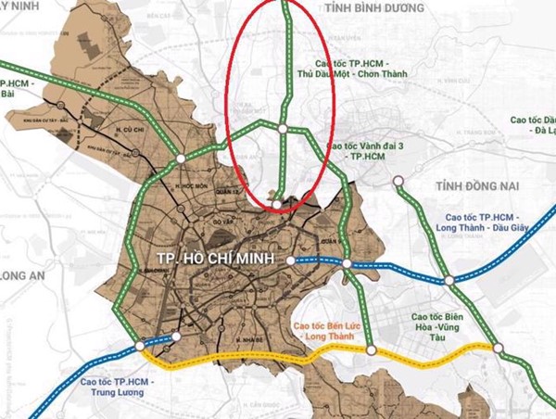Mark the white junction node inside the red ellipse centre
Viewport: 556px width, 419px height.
tap(282, 128)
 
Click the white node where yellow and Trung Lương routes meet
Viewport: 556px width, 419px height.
tap(140, 346)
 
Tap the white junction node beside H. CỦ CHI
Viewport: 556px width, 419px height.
tap(177, 159)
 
